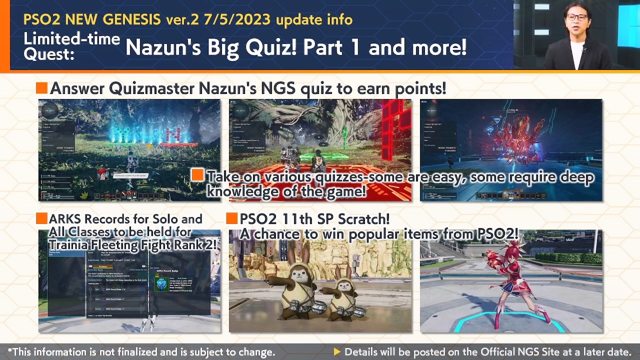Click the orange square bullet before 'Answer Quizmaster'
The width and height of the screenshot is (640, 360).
coord(42,88)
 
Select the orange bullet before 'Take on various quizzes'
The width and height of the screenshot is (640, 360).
coord(197,174)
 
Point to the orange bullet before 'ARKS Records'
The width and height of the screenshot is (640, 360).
coord(41,218)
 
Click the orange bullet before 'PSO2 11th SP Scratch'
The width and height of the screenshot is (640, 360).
coord(231,218)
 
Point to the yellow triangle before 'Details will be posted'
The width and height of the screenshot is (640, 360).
coord(337,352)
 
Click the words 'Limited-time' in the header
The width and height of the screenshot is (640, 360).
coord(71,38)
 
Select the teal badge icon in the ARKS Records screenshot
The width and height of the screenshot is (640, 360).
coord(161,284)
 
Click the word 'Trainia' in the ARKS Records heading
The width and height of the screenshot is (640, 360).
coord(66,244)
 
